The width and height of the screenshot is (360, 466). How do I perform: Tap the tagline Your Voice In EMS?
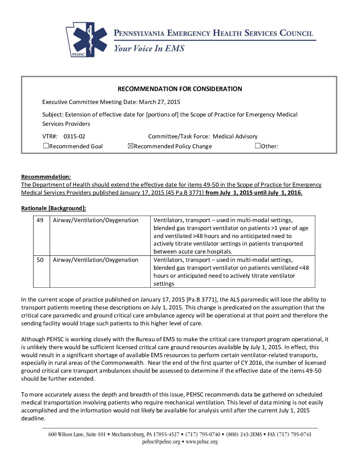click(149, 49)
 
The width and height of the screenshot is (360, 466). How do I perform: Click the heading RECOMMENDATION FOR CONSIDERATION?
click(180, 89)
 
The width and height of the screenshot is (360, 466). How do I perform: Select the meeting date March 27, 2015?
click(159, 102)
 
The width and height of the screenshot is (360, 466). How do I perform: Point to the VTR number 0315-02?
click(74, 136)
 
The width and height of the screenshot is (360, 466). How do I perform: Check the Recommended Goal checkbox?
click(46, 146)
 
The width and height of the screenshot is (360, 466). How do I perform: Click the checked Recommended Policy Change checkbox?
click(131, 146)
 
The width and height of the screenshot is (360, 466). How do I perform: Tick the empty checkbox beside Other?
click(258, 146)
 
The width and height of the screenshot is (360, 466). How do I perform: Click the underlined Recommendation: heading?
click(46, 177)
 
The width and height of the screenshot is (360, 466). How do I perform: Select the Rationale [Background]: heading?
click(54, 208)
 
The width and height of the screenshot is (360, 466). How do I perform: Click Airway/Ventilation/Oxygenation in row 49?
click(96, 220)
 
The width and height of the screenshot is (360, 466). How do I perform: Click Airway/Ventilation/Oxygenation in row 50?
click(96, 260)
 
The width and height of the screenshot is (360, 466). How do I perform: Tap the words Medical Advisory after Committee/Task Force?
click(235, 136)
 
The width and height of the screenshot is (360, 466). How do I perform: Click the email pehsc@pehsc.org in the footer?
click(161, 442)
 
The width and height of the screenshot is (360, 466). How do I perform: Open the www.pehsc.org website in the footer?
click(202, 442)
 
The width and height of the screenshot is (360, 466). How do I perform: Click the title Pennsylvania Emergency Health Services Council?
click(213, 33)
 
